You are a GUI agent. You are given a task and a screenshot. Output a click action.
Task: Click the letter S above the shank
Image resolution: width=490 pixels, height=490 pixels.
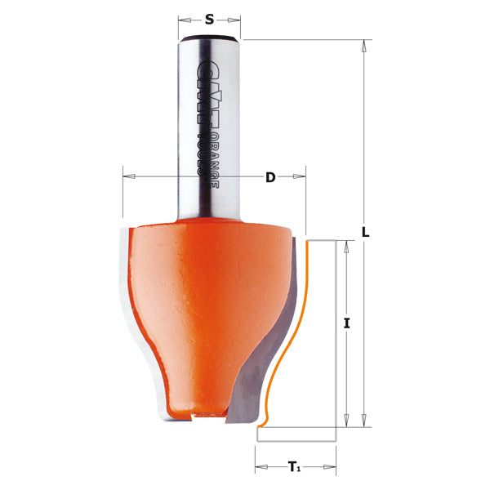pyautogui.click(x=210, y=20)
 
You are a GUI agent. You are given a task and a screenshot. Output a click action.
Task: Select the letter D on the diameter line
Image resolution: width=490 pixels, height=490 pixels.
pyautogui.click(x=270, y=177)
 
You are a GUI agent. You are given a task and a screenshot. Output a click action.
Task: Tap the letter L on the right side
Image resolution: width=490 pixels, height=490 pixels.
pyautogui.click(x=367, y=232)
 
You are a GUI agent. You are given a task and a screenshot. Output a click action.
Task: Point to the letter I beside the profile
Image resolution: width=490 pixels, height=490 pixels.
pyautogui.click(x=347, y=324)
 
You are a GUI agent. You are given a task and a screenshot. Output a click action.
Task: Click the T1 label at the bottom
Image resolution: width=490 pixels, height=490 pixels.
pyautogui.click(x=293, y=467)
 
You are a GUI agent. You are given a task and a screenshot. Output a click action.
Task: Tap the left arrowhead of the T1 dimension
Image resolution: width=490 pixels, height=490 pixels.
pyautogui.click(x=261, y=468)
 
